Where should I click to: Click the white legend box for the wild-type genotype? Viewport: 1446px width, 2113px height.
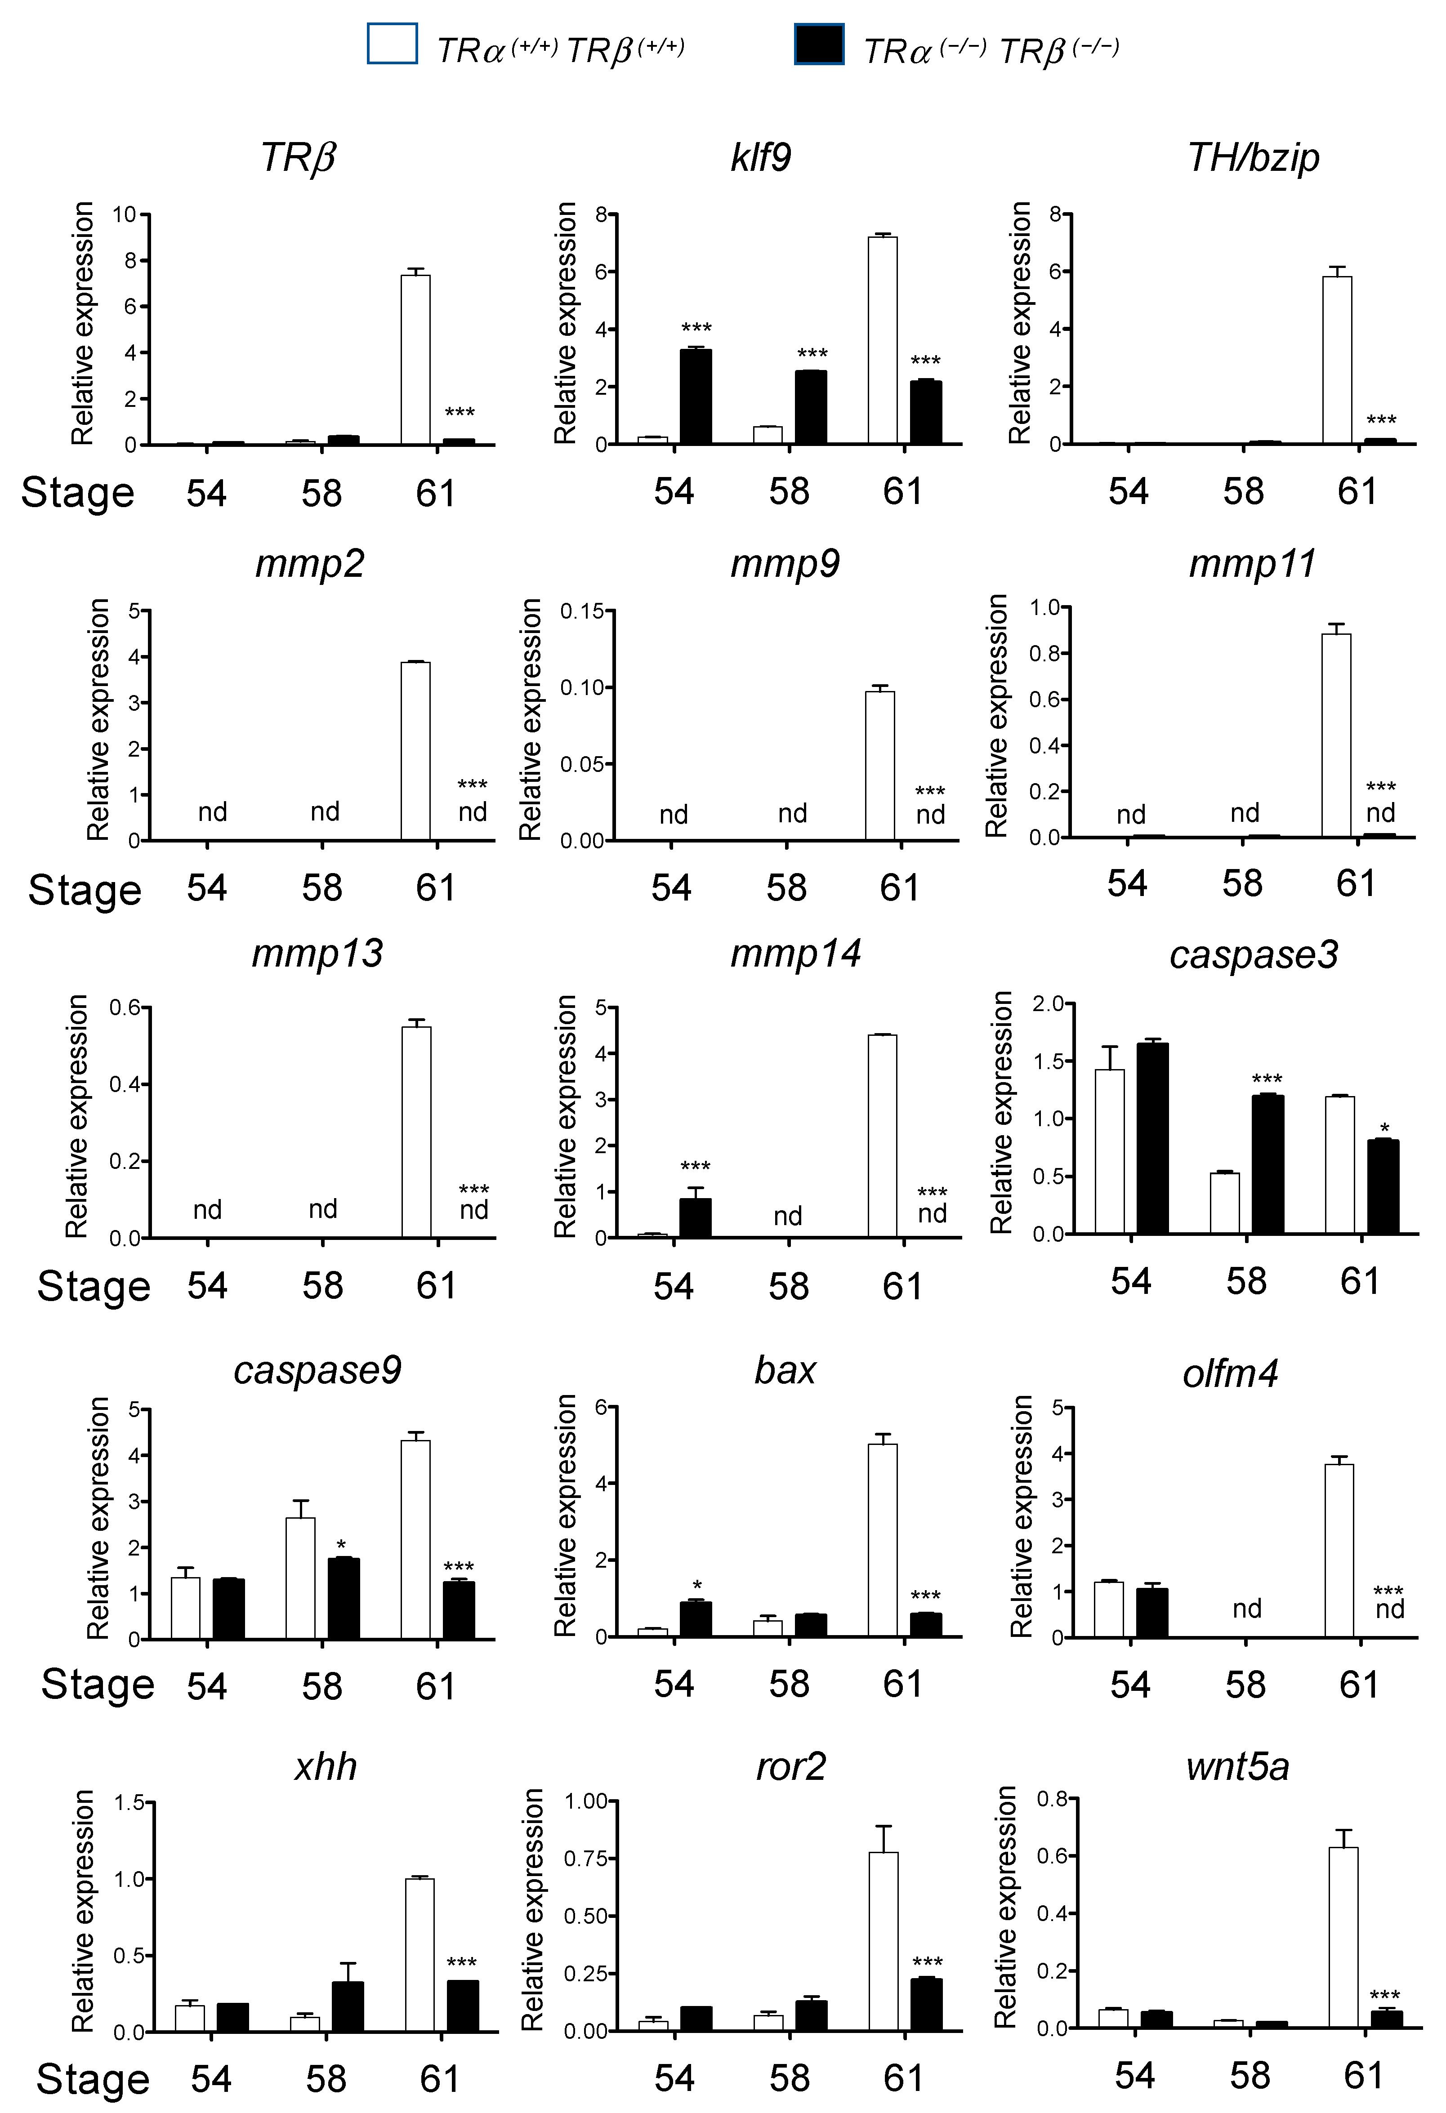(392, 44)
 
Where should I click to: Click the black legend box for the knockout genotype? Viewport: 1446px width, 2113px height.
(818, 44)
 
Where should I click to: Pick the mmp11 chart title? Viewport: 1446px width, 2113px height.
(1252, 564)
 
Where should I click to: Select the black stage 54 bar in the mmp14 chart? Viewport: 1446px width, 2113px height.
(696, 1218)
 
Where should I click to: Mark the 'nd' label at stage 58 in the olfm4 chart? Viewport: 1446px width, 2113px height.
(1247, 1609)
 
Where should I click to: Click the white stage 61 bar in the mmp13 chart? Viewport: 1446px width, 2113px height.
(416, 1132)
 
